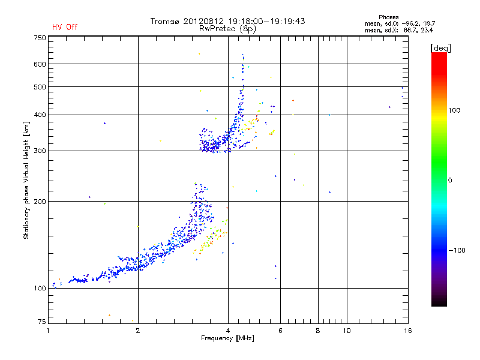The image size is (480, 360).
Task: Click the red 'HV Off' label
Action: click(65, 27)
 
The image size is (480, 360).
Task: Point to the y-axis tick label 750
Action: click(40, 38)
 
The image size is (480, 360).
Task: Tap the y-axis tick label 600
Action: click(40, 64)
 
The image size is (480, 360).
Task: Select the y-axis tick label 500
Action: click(40, 87)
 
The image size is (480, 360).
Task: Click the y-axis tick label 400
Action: click(40, 115)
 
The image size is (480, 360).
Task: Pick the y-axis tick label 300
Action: click(40, 151)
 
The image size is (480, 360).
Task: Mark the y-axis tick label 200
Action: click(40, 202)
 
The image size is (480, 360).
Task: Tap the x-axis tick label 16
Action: click(407, 331)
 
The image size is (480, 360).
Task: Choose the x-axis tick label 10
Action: click(346, 331)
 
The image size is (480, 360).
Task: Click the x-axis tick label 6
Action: click(280, 331)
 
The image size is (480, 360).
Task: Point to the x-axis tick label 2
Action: click(138, 331)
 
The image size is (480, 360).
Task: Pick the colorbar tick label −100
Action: click(457, 250)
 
